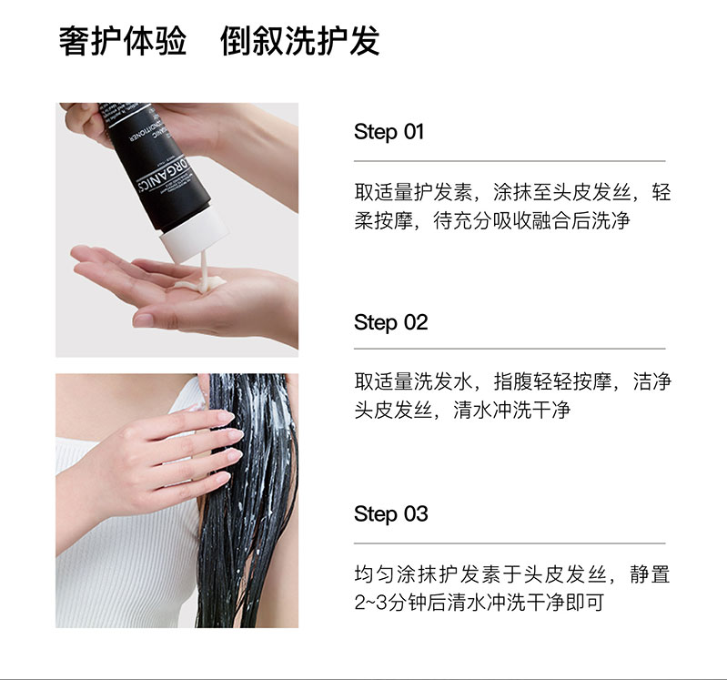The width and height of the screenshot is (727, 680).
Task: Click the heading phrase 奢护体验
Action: pyautogui.click(x=123, y=41)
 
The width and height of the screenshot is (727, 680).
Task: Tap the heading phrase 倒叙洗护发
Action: pyautogui.click(x=300, y=41)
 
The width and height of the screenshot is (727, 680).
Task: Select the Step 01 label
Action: pyautogui.click(x=389, y=132)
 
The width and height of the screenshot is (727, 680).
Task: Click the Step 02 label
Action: pyautogui.click(x=390, y=323)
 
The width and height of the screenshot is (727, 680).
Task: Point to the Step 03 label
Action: pyautogui.click(x=390, y=514)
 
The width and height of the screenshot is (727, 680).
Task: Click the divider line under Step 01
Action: pyautogui.click(x=510, y=161)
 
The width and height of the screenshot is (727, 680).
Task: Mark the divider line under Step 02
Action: pyautogui.click(x=510, y=349)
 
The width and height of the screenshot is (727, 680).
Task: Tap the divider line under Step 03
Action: pyautogui.click(x=510, y=543)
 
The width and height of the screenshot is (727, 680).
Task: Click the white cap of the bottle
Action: pyautogui.click(x=195, y=235)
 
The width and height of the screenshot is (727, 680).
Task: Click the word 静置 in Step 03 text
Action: pyautogui.click(x=650, y=574)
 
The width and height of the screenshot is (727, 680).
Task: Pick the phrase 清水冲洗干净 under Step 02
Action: pyautogui.click(x=512, y=410)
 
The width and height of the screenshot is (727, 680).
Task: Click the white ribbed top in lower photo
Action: pyautogui.click(x=126, y=575)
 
